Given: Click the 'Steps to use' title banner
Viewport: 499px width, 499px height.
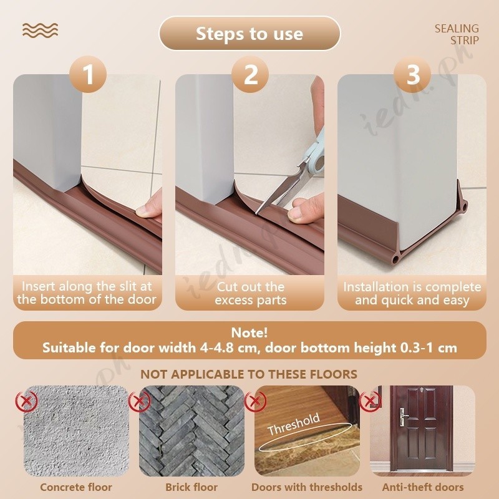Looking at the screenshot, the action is coord(249,34).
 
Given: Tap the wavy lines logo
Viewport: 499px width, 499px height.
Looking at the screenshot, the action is coord(40,31).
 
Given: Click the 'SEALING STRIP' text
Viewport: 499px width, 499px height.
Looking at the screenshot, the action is coord(457,34).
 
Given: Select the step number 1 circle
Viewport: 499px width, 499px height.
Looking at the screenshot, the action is coord(88,74).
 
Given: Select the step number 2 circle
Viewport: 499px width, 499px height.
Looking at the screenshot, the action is coord(250,74).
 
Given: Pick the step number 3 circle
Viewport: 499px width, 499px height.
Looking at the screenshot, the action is coord(412,74).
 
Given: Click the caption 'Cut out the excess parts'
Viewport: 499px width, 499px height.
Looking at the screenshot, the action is coord(251,293).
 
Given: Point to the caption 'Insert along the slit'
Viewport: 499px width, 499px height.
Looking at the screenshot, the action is coord(87,286).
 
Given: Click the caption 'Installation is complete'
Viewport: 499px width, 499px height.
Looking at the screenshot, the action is coord(412,287).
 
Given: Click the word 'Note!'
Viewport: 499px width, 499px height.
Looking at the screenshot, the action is coord(249,333).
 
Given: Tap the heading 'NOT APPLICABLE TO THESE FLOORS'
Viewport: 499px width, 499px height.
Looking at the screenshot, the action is coord(249,374).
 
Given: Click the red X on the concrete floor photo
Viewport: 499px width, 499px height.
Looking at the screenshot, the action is coord(27,401).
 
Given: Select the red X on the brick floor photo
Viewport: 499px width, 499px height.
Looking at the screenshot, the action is coord(139,401).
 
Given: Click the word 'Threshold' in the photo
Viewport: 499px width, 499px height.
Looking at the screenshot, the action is coord(294,424).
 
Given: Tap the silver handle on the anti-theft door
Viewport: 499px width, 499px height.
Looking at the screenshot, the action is coord(403,417).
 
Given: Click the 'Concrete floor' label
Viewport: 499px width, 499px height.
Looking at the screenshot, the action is coord(76,487).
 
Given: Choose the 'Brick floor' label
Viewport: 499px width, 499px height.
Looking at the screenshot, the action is coord(191,487).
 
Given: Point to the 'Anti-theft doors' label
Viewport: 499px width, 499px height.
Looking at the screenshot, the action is coord(423,487).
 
